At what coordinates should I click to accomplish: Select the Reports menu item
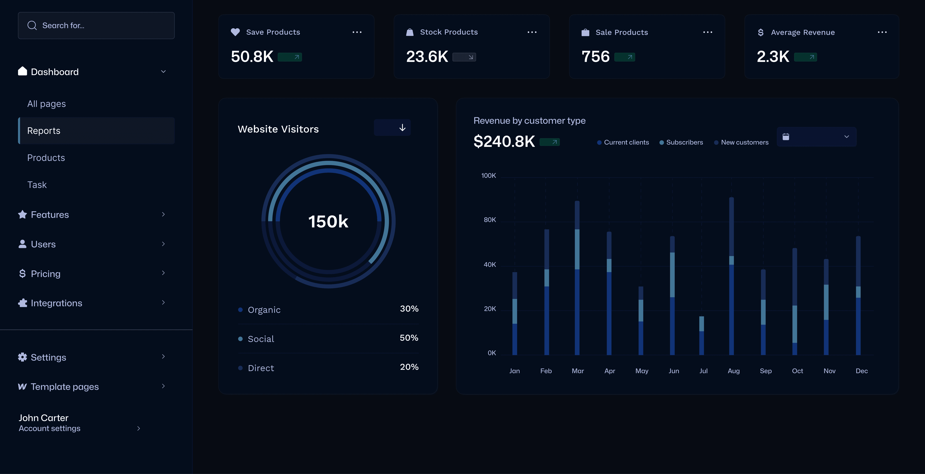click(44, 131)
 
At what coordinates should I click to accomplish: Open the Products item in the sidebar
click(46, 158)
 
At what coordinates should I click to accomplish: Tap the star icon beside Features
click(22, 215)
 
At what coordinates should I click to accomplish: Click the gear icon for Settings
click(22, 357)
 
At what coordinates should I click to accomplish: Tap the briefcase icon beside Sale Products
click(585, 32)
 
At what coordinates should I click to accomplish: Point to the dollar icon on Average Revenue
click(761, 32)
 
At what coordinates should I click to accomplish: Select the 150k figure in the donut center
click(328, 221)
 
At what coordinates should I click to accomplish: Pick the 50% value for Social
click(409, 338)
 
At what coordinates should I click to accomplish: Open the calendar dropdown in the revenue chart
click(816, 137)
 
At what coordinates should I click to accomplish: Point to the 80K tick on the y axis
click(490, 220)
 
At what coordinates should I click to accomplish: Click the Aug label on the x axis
click(734, 371)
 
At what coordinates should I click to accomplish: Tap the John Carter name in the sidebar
click(43, 418)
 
